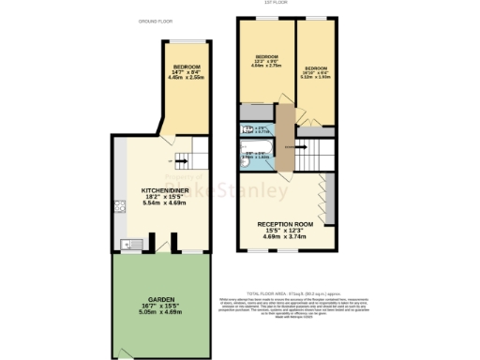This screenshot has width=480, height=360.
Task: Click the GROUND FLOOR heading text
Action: pos(155,20)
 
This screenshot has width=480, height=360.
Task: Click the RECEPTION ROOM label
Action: pos(283,224)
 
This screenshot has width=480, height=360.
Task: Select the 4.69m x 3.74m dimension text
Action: pos(283,238)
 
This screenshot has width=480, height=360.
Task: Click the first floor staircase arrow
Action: pos(300,146)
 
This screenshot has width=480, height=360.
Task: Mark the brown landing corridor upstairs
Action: pos(286,141)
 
